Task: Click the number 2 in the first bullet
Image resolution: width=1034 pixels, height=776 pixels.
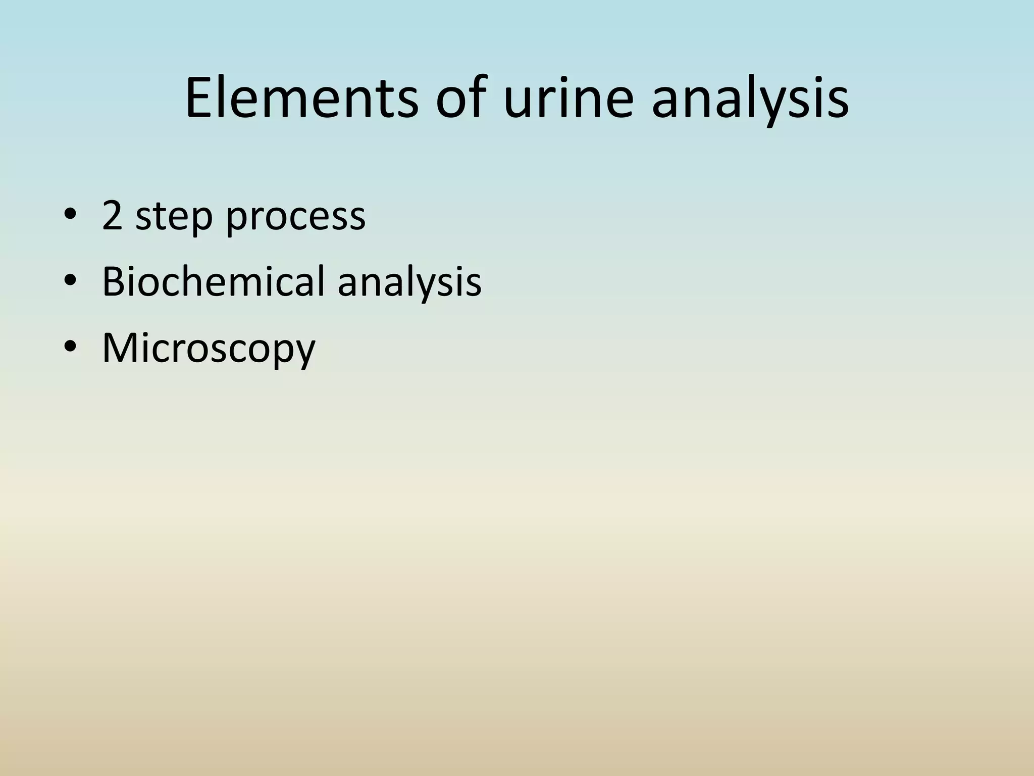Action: (112, 216)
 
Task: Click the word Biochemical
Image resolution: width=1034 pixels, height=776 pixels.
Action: (213, 281)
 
